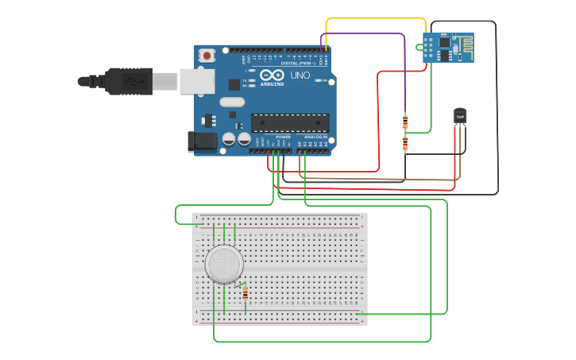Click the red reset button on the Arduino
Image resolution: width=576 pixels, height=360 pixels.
207,56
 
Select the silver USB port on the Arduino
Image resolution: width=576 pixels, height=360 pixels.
197,81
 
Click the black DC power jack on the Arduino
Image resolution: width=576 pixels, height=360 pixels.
201,142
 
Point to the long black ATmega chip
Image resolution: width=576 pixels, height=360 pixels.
290,122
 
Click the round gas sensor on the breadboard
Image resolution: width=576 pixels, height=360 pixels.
224,264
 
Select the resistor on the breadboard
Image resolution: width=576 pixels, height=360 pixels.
245,294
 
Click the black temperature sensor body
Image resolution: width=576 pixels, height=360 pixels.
460,116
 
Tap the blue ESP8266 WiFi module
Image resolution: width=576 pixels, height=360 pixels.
448,48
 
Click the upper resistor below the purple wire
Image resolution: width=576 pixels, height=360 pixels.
405,122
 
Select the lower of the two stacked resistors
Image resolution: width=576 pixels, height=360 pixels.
405,143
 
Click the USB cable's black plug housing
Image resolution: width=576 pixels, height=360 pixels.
128,81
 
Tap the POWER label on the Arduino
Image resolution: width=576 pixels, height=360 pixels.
283,137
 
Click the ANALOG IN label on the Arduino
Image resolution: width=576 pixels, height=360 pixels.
315,137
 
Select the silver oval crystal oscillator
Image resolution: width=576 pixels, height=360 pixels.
232,102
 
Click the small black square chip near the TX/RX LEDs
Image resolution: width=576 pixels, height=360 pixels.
234,84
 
